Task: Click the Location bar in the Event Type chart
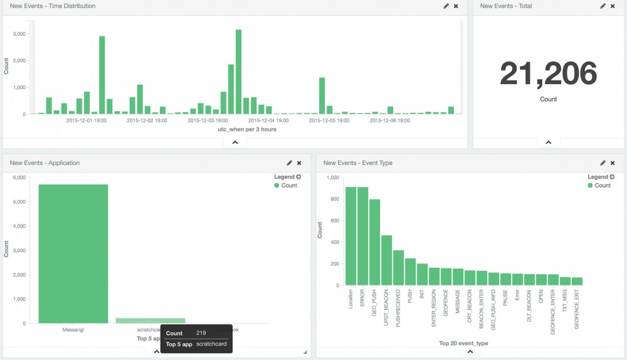click(350, 236)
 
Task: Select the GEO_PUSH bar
click(374, 242)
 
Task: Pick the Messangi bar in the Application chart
click(73, 253)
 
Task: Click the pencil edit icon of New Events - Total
click(603, 6)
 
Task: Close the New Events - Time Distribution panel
click(456, 6)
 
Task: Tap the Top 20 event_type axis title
click(463, 343)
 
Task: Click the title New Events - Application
click(45, 163)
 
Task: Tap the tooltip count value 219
click(201, 333)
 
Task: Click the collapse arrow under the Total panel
click(548, 142)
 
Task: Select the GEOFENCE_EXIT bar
click(576, 281)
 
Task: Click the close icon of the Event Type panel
click(613, 163)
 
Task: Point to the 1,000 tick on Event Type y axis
click(332, 178)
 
